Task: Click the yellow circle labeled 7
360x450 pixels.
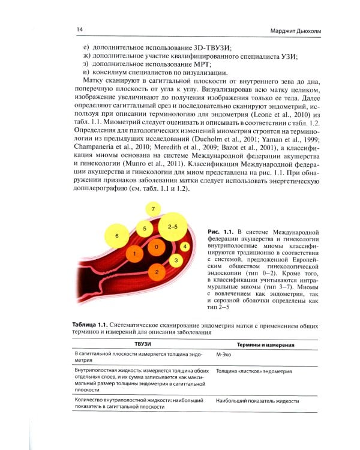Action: point(154,209)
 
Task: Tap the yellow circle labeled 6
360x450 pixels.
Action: point(117,236)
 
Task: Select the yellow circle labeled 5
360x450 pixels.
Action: point(143,229)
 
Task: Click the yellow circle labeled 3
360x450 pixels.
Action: point(175,261)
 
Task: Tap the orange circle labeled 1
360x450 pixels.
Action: point(136,254)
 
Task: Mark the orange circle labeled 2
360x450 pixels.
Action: point(157,272)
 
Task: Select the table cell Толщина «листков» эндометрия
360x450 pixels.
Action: point(253,371)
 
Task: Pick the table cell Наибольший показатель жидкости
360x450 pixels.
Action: point(259,400)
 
